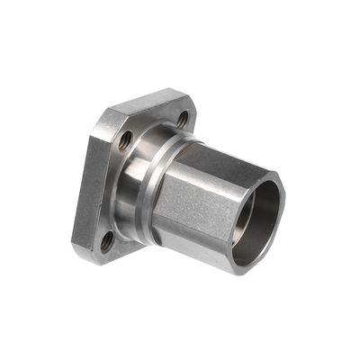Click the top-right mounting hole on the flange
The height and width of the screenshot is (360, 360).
pos(182,118)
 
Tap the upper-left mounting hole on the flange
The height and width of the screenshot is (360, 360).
pos(125,140)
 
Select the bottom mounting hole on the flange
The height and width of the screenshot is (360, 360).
pos(108,240)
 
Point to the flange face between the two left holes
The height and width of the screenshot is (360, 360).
pos(112,189)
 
